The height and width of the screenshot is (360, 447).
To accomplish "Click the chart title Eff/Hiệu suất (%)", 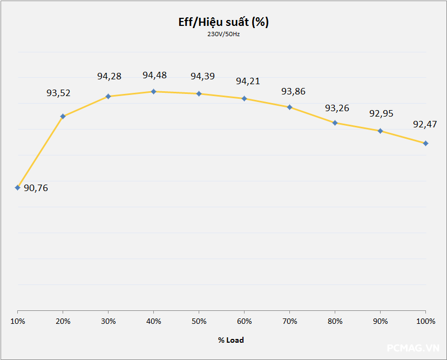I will (x=223, y=22).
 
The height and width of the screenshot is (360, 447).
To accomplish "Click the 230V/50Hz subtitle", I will (x=223, y=34).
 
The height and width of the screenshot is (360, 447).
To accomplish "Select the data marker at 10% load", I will (x=18, y=188).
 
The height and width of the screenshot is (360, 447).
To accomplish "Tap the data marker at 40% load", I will (x=154, y=92).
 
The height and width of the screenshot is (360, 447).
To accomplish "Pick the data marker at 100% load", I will (x=426, y=143).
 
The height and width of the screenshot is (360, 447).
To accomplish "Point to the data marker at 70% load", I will (x=290, y=107).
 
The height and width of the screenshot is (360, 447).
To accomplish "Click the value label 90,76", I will (x=36, y=188).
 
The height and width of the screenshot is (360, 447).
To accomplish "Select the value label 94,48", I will (x=154, y=75).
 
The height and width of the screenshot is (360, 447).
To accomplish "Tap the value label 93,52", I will (x=58, y=93).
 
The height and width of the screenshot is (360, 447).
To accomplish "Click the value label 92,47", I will (x=425, y=125).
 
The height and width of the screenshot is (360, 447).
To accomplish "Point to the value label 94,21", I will (x=248, y=81).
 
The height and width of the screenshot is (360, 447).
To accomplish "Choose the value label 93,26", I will (x=337, y=108).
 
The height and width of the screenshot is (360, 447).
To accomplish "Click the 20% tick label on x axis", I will (x=63, y=322).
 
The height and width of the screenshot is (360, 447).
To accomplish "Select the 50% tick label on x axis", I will (x=199, y=322).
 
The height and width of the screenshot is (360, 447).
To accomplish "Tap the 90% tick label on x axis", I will (x=381, y=322).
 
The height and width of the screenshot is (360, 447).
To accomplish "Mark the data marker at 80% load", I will (x=335, y=123).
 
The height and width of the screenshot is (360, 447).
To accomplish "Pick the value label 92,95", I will (x=381, y=114).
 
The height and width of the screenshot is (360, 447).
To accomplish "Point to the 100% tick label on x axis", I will (x=426, y=322).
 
